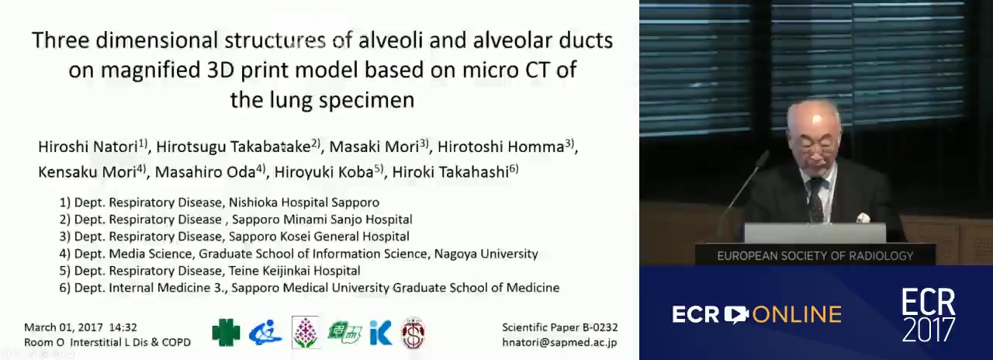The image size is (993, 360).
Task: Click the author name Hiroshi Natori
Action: click(88, 147)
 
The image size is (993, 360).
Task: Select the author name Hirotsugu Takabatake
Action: click(234, 147)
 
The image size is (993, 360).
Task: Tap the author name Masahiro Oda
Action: click(205, 172)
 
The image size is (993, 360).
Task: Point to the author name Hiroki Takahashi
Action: click(451, 172)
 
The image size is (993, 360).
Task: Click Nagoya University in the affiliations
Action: click(486, 254)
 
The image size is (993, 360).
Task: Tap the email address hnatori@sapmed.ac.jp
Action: click(559, 342)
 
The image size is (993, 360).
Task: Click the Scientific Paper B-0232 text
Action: click(560, 327)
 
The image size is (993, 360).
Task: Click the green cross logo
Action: click(226, 333)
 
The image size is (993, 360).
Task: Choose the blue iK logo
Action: click(381, 333)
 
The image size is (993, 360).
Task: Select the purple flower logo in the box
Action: click(306, 333)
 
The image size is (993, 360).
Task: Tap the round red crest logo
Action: click(413, 333)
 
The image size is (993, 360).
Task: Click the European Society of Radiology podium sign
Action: click(815, 255)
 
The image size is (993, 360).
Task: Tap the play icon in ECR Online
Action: click(736, 315)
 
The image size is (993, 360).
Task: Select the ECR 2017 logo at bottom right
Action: click(929, 316)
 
